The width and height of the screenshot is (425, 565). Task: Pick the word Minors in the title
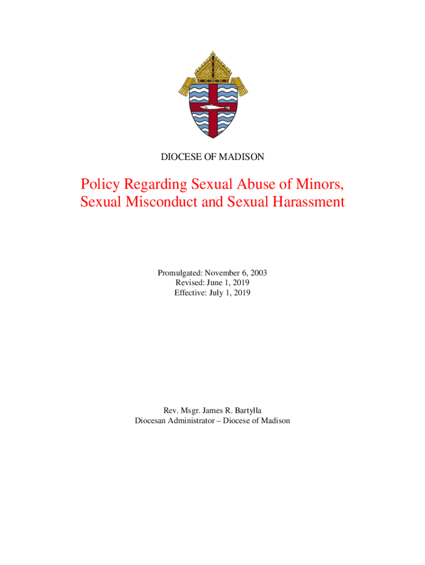tap(321, 183)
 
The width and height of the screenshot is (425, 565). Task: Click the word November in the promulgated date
tap(222, 273)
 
